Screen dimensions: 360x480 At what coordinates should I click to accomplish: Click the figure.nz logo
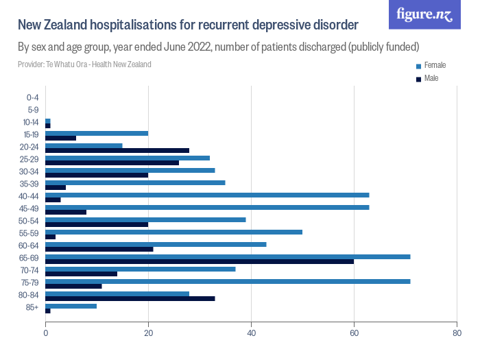pos(424,14)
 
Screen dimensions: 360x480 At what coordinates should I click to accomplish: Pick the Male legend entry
pos(431,79)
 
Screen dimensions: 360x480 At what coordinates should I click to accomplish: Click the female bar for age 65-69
pos(228,256)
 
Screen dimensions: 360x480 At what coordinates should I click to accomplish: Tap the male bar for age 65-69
pos(200,261)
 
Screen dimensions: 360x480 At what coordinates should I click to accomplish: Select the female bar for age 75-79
pos(228,281)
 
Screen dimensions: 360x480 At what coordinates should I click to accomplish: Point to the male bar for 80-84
pos(130,298)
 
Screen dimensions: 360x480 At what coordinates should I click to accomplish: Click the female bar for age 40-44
pos(207,195)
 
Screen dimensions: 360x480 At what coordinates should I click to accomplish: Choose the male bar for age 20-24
pos(117,150)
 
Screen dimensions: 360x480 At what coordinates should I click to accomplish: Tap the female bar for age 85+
pos(71,306)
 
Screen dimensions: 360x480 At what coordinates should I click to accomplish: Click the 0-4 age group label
pos(32,97)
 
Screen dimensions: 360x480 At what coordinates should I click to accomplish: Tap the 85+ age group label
pos(33,308)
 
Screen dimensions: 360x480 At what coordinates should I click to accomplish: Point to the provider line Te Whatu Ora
pos(84,64)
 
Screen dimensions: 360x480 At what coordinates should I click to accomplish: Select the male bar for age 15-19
pos(60,138)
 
